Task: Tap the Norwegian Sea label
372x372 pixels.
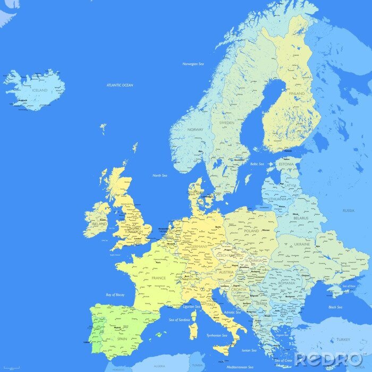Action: (x=193, y=64)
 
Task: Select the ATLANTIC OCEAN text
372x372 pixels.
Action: (x=120, y=85)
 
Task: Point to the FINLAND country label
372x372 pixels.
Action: (x=297, y=94)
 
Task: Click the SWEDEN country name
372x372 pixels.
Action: (x=226, y=123)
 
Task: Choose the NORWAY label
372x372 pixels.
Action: (x=195, y=130)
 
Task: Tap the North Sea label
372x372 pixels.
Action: (x=160, y=175)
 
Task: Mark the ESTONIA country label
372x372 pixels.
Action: (x=286, y=165)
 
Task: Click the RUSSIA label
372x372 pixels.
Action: (x=348, y=210)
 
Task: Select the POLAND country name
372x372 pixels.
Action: (x=251, y=231)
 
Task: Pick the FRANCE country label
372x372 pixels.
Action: (x=158, y=278)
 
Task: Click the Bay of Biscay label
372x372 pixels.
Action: (x=115, y=294)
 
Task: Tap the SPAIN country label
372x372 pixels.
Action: (x=122, y=339)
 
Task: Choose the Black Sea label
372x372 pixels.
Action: (x=335, y=307)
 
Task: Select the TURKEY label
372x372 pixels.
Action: (x=343, y=339)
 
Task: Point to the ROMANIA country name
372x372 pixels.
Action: (x=286, y=283)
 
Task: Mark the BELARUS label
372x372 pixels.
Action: (x=301, y=218)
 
